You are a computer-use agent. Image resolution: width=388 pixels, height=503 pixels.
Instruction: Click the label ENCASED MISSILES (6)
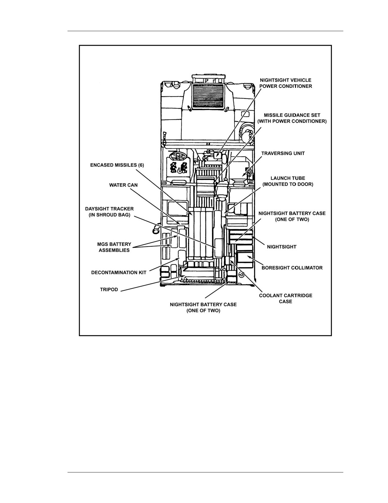(117, 165)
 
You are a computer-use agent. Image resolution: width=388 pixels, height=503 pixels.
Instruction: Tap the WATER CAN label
(123, 185)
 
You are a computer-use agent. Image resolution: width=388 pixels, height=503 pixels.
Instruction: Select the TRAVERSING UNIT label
(283, 153)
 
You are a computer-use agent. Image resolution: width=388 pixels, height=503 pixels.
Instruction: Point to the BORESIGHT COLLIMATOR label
(292, 268)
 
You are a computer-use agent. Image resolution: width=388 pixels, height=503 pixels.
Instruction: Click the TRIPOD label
(109, 289)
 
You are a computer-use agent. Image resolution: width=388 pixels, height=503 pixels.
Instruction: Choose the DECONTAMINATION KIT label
(119, 273)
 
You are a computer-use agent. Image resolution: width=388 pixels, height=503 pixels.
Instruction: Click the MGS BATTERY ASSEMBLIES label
(114, 247)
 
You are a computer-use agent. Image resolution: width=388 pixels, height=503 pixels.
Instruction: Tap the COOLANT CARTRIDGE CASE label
(285, 298)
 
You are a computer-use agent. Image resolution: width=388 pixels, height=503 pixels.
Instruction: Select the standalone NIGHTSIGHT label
(281, 247)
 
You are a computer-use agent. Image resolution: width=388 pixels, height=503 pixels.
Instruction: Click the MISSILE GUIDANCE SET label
(292, 118)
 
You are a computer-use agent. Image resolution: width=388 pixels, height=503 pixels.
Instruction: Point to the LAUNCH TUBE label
(288, 181)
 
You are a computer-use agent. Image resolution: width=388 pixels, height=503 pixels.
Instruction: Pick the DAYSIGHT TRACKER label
(109, 212)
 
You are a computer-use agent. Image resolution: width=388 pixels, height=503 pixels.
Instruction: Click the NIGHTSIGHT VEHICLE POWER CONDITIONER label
(286, 83)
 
